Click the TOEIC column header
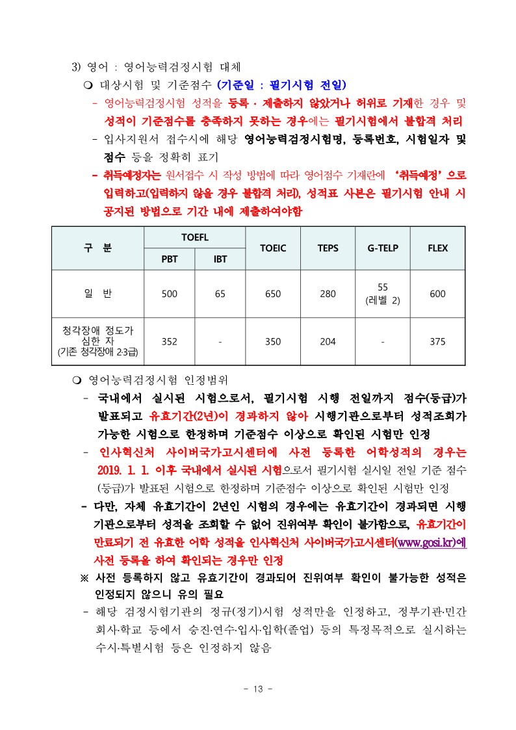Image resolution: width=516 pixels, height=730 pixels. coord(273,248)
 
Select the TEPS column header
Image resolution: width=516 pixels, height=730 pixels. coord(328,248)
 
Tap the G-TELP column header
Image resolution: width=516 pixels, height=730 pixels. coord(383,248)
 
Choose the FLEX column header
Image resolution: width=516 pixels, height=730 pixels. coord(437,248)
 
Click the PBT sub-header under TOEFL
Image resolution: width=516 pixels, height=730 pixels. coord(169,258)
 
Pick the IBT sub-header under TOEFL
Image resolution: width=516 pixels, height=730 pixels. coord(220,258)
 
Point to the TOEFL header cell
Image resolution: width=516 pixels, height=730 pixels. coord(194,237)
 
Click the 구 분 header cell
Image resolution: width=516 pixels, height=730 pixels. coord(97,248)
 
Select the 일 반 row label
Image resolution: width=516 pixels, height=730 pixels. coord(97,294)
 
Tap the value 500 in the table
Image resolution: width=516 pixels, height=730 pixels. coord(169,294)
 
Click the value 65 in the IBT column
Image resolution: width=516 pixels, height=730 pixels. coord(220,294)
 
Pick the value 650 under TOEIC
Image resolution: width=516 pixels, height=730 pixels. coord(273,294)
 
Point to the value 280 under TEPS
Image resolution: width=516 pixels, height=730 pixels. coord(328,294)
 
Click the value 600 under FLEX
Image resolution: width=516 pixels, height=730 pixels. coord(437,294)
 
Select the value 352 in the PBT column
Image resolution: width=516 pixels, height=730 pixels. coord(169,342)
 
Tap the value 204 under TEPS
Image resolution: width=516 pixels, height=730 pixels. coord(328,342)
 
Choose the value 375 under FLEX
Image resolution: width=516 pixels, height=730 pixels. coord(437,342)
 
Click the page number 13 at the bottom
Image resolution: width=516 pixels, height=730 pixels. coord(257,690)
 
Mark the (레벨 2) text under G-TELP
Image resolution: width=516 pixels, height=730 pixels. coord(383,300)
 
